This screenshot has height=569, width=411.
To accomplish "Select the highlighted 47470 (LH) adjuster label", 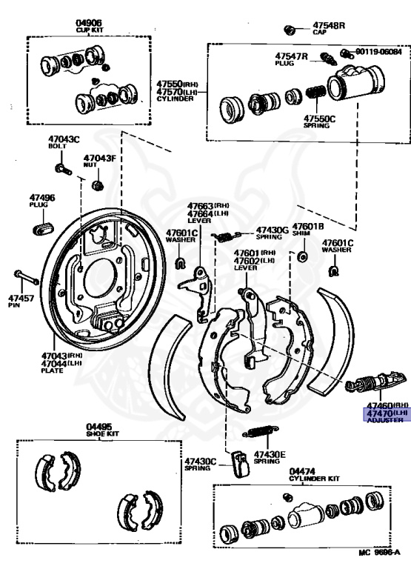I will [384, 412].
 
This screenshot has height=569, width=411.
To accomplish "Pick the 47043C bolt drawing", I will [64, 170].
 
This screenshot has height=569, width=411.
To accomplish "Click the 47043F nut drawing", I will [96, 184].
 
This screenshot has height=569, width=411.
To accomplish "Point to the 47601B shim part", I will [302, 256].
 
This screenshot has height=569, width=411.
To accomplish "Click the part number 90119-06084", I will [378, 53].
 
